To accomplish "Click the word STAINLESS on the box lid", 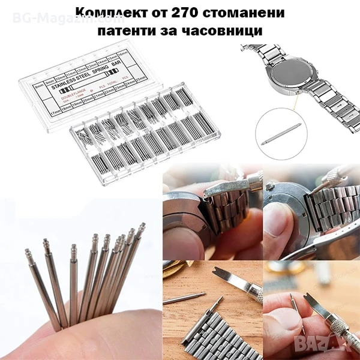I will tap(68, 87).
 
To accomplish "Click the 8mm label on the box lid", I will tap(39, 87).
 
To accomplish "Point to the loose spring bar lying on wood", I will tap(184, 297).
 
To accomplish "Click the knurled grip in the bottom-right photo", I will tap(340, 335).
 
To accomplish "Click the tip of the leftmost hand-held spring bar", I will tap(28, 252).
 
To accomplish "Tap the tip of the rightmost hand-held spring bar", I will tap(142, 227).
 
